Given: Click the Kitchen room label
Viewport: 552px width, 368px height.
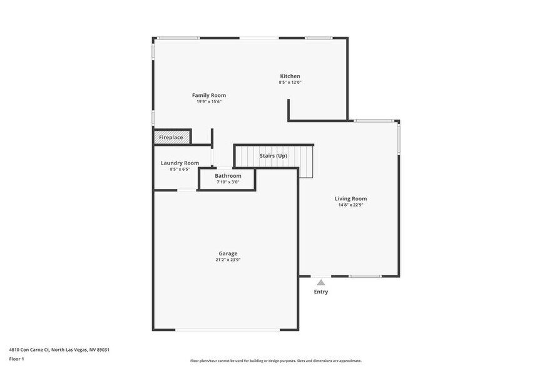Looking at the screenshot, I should (290, 76).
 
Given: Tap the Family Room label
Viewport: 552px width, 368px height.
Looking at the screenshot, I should (208, 95).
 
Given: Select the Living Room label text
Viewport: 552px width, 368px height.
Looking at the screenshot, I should (350, 198).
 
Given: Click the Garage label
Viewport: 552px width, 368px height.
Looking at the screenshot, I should (228, 253).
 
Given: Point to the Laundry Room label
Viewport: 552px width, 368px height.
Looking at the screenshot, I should (180, 163).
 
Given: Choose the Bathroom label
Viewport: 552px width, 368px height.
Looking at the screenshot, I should (228, 176).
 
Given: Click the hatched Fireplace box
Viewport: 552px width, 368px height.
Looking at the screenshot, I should (171, 137).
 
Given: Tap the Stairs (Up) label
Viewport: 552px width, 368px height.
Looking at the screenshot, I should (273, 155).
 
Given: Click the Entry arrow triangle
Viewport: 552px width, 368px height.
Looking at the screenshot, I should (321, 283).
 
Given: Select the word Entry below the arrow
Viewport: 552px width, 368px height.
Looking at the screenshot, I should (321, 292).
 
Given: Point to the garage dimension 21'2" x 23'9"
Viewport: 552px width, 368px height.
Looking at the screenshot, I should (228, 260).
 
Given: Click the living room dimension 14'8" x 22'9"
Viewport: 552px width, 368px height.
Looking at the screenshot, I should (350, 205).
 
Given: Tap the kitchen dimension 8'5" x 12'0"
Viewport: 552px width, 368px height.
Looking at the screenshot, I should (290, 83).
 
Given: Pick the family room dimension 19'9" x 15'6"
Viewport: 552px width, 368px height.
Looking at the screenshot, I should (208, 101).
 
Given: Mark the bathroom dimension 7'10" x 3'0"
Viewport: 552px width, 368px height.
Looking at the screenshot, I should (228, 182).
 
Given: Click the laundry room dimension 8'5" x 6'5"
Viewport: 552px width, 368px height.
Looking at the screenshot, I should (180, 169).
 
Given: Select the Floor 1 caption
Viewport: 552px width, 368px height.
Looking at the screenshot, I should (16, 359).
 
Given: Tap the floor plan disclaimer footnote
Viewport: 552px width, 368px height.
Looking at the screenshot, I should (275, 361).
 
